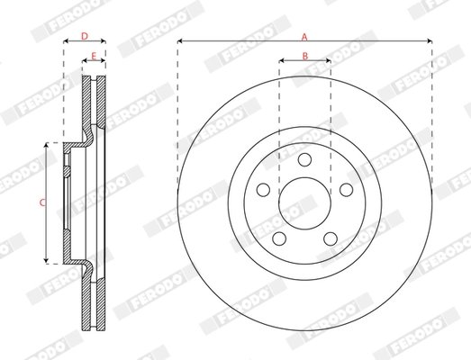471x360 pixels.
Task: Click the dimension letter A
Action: pyautogui.click(x=304, y=36)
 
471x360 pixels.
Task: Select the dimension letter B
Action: pyautogui.click(x=304, y=56)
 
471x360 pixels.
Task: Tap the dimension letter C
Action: pyautogui.click(x=42, y=202)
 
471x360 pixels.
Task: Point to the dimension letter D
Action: pyautogui.click(x=84, y=36)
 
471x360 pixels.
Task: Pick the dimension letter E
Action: pyautogui.click(x=94, y=56)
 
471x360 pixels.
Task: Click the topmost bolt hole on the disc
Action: pyautogui.click(x=304, y=160)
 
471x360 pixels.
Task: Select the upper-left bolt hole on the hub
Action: pyautogui.click(x=263, y=190)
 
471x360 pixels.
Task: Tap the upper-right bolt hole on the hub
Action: pyautogui.click(x=345, y=190)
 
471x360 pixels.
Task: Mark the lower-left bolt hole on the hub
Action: pyautogui.click(x=279, y=238)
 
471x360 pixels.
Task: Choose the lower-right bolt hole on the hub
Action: pyautogui.click(x=330, y=238)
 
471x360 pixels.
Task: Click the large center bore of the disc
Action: pyautogui.click(x=304, y=203)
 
